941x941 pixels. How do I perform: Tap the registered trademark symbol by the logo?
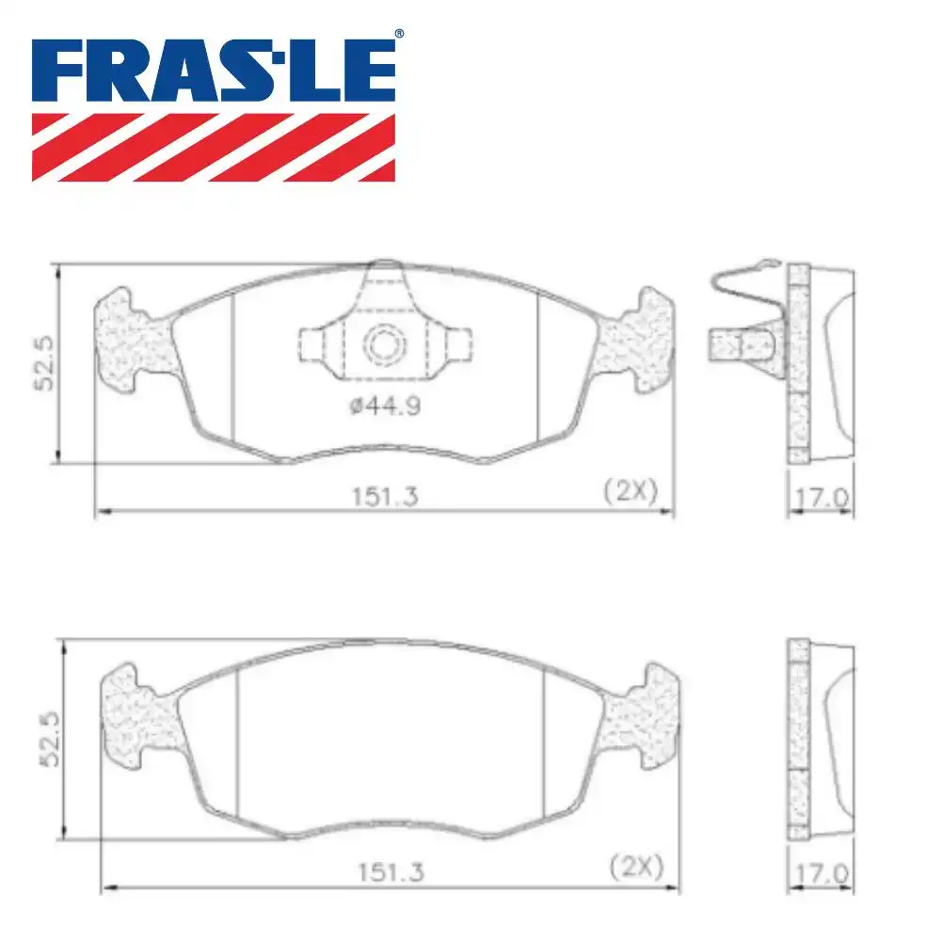click(x=399, y=34)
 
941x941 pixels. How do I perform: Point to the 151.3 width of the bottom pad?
click(x=388, y=871)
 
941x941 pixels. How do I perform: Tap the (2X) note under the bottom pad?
click(x=636, y=865)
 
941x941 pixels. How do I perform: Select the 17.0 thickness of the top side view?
click(x=821, y=496)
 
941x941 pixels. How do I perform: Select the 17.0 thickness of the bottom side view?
click(x=821, y=872)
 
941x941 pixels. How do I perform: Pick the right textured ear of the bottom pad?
click(x=643, y=712)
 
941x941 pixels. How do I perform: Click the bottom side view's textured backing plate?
click(x=798, y=739)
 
